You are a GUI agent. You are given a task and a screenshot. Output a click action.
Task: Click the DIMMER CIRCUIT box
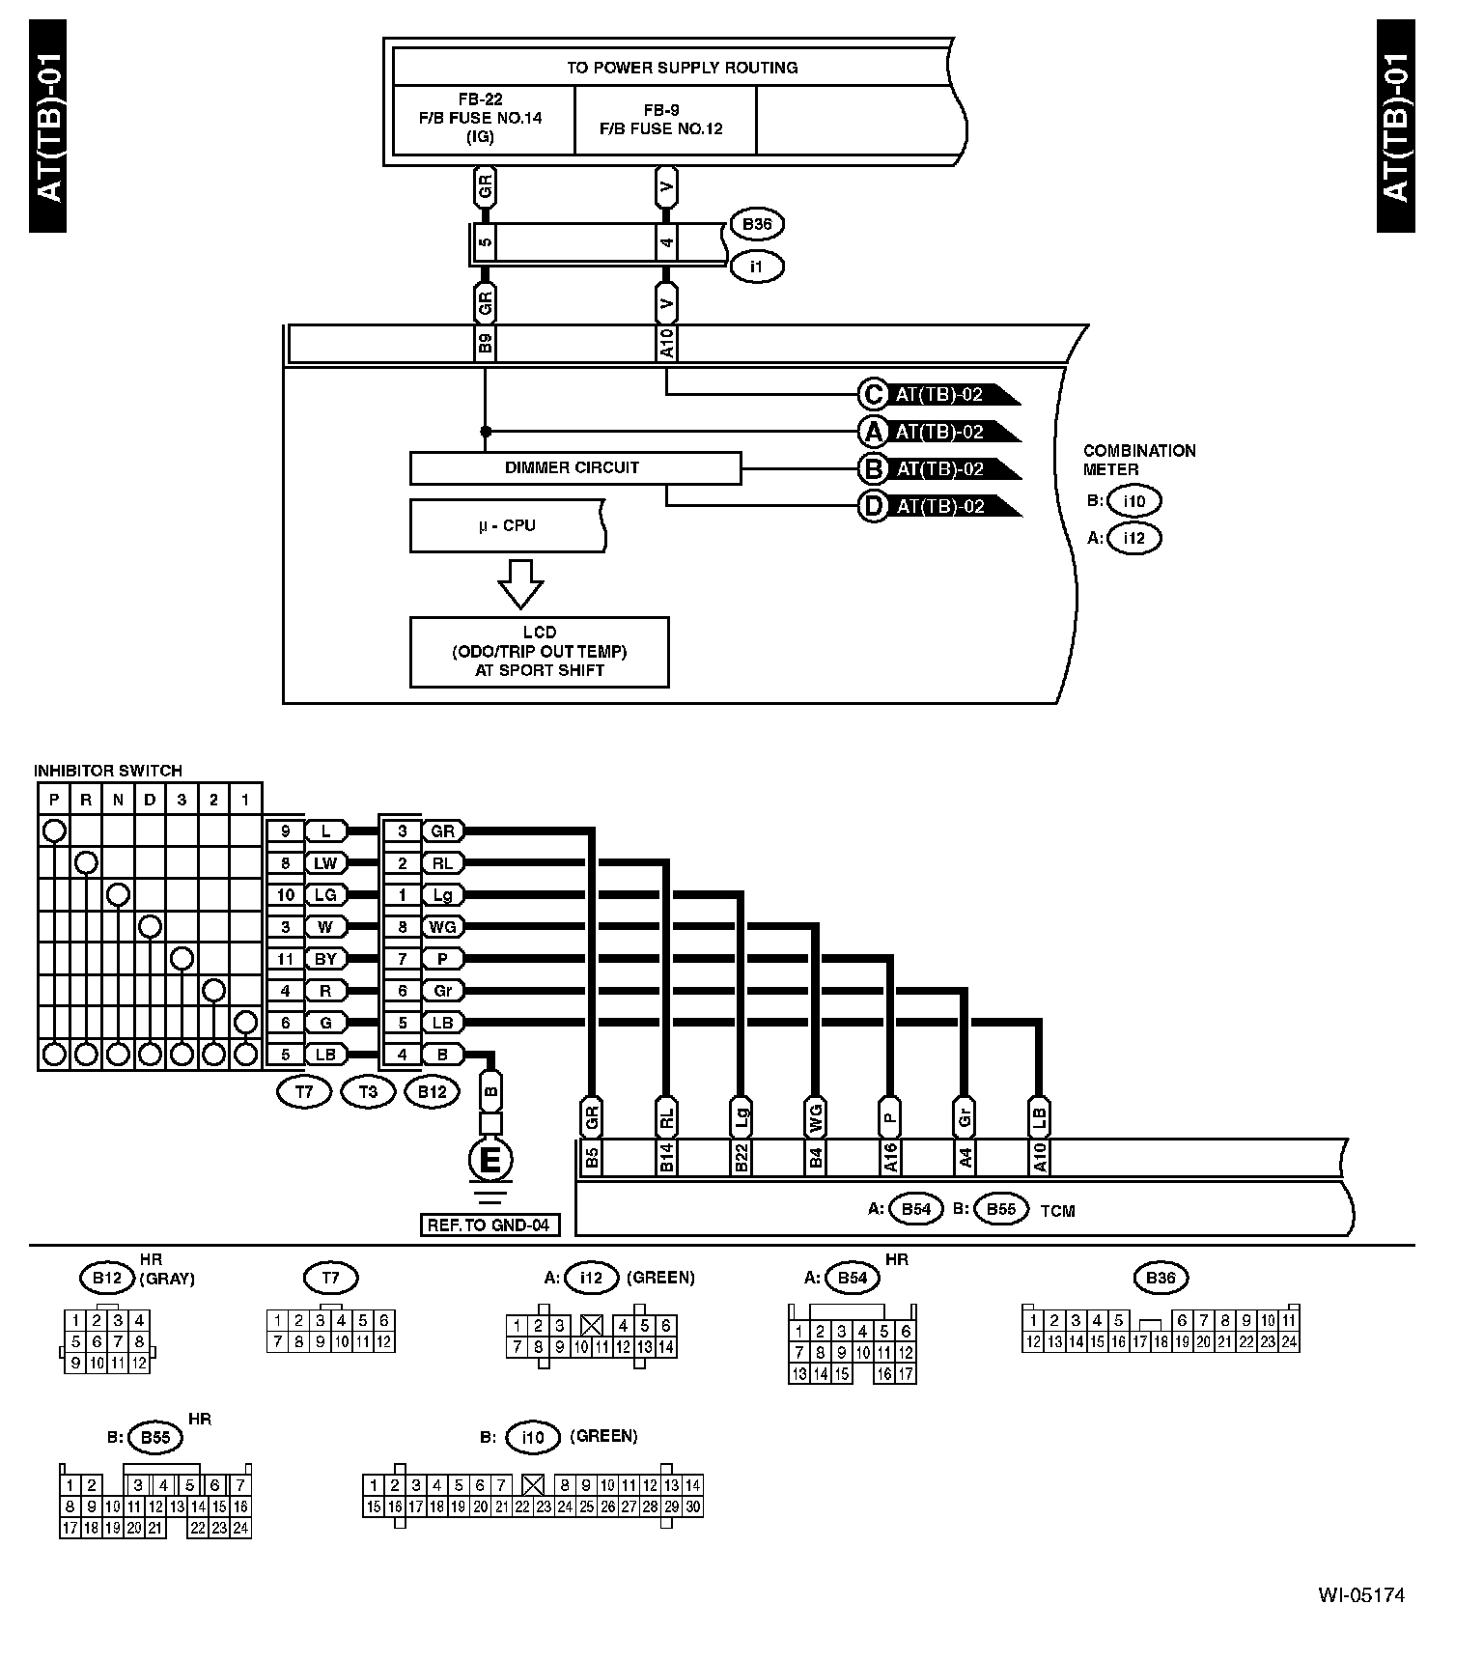[575, 468]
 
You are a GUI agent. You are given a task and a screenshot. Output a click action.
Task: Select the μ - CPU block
[507, 525]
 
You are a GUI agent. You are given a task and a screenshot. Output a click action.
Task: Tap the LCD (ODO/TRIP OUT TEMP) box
[539, 652]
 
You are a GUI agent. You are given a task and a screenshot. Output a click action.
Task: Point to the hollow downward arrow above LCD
[520, 582]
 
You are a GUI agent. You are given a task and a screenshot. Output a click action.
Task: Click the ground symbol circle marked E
[490, 1160]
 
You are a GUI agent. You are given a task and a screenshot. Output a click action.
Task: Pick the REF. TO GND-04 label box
[489, 1225]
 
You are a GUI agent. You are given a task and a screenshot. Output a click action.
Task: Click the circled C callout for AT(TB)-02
[873, 394]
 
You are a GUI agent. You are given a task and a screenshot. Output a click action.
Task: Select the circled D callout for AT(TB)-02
[873, 506]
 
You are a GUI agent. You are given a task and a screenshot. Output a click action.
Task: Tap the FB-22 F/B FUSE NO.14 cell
[481, 119]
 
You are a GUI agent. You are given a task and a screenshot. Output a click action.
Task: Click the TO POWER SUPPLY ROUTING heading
[682, 68]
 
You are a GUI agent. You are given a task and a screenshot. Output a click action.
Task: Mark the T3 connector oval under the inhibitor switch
[368, 1092]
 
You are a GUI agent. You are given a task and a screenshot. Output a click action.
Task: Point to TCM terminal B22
[741, 1158]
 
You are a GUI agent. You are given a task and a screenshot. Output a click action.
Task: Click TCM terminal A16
[890, 1158]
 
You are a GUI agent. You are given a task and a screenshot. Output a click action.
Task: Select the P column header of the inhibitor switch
[54, 800]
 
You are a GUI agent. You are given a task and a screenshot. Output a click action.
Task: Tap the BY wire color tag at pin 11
[325, 959]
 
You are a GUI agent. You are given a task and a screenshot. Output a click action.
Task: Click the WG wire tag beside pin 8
[442, 927]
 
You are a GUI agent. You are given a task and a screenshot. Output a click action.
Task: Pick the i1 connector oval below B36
[756, 267]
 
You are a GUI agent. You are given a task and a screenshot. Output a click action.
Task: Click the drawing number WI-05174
[1361, 1595]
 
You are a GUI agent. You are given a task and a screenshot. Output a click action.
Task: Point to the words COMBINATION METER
[1138, 460]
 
